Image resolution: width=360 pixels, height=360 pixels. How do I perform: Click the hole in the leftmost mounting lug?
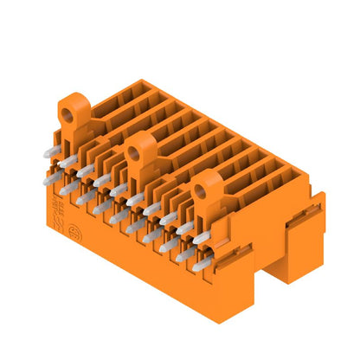66,111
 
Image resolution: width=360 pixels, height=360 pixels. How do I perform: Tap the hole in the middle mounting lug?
134,153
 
